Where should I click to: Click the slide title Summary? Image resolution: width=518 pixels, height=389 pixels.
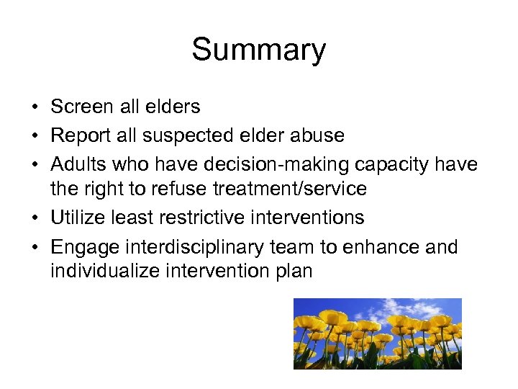[258, 50]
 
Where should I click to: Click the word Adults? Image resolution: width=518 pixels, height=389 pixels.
[78, 164]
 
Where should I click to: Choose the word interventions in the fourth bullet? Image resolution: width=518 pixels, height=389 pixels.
[309, 218]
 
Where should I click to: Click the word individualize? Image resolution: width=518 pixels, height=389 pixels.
[102, 272]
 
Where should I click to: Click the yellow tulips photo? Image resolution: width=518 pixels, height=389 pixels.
[377, 334]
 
